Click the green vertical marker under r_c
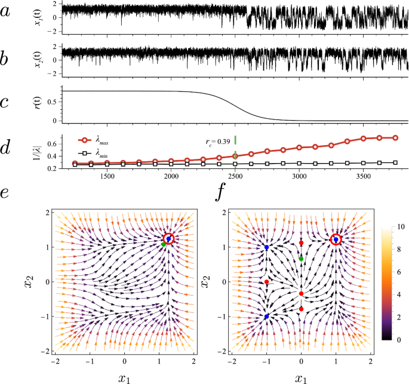[235, 140]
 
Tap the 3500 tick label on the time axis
[363, 177]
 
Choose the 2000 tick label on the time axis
[171, 177]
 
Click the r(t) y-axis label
[47, 102]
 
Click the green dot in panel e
[164, 244]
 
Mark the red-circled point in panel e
[168, 239]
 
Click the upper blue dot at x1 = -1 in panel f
[266, 247]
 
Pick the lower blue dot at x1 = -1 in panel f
[266, 317]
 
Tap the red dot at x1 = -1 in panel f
[266, 282]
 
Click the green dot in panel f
[302, 259]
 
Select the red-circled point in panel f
[336, 239]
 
